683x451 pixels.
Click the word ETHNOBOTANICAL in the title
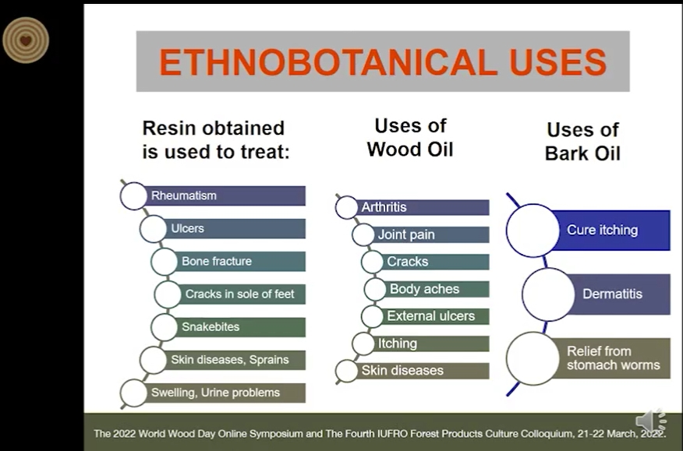pos(327,62)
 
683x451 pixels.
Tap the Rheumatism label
pos(183,196)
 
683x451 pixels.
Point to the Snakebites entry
pos(211,326)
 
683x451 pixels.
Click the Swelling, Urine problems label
pos(215,393)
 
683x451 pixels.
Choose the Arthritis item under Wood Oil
pos(384,207)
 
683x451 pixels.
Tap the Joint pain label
pos(406,234)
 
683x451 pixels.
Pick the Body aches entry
pos(424,289)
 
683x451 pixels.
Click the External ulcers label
pos(431,316)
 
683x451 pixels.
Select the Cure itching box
pos(610,231)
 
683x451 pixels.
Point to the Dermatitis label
pos(612,294)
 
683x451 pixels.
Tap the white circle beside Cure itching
pos(533,231)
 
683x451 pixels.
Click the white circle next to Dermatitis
pos(549,294)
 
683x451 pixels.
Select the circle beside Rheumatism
pos(134,196)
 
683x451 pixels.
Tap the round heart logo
pos(26,40)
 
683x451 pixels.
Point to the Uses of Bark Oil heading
pos(583,142)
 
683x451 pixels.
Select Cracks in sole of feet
pos(239,294)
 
